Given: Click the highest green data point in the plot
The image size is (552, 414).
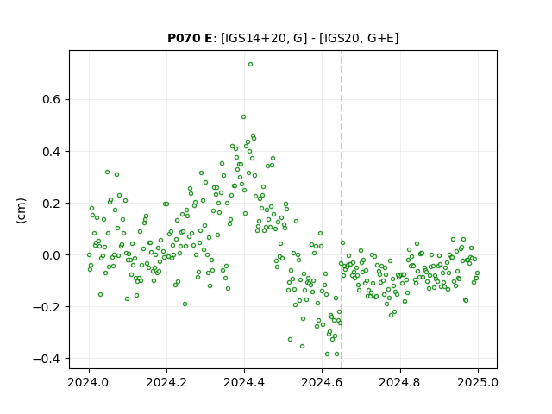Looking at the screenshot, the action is (x=250, y=65).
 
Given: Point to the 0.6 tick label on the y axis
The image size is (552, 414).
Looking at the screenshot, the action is (x=52, y=100).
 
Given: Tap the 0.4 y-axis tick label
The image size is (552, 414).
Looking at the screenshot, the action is (x=52, y=152).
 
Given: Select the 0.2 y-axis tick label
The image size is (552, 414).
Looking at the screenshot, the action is (x=52, y=204).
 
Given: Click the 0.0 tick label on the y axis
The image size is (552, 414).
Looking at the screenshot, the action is (x=52, y=255).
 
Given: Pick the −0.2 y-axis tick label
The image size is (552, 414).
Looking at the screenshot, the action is (x=47, y=307).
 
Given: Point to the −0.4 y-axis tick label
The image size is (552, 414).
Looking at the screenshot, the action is (x=47, y=359).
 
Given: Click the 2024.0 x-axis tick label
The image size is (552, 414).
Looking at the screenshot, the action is (x=89, y=382).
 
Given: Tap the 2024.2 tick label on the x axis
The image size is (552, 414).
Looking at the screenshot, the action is (x=166, y=382).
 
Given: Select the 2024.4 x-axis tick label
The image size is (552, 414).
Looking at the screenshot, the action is (x=244, y=382).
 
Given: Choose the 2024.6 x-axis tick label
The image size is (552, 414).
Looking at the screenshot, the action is (x=322, y=382).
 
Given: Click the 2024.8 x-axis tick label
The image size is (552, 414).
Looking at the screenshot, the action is (x=400, y=382).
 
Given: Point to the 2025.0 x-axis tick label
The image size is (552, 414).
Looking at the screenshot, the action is (x=478, y=382).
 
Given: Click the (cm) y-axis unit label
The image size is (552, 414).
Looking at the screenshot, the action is (x=21, y=210).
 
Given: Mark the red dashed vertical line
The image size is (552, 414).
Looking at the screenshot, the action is (x=342, y=210).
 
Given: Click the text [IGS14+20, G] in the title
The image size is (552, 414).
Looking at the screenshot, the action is (x=261, y=38).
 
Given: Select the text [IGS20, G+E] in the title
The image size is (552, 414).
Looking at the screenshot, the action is (x=359, y=38).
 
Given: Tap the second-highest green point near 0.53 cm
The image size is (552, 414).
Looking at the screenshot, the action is (x=243, y=117).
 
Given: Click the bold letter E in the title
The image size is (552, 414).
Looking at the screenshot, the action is (x=209, y=38).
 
